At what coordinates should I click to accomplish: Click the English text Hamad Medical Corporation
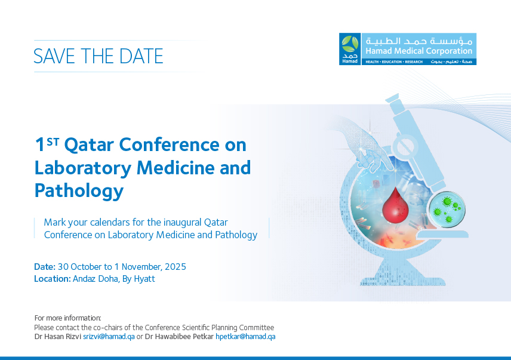click(x=419, y=51)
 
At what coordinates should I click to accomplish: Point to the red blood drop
click(x=395, y=205)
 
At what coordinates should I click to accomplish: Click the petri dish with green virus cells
click(x=447, y=210)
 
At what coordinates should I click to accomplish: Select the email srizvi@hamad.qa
click(x=109, y=337)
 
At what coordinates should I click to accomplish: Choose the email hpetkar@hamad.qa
click(x=245, y=337)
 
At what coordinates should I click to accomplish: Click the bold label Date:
click(x=45, y=267)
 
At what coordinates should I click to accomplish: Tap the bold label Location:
click(x=53, y=279)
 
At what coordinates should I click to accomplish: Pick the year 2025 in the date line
click(x=176, y=267)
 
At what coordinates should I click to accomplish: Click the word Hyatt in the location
click(x=144, y=279)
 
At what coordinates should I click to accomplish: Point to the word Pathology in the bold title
click(x=79, y=191)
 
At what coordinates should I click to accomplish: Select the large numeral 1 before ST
click(x=40, y=144)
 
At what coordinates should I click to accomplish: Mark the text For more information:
click(x=68, y=318)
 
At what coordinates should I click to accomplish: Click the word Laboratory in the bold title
click(x=83, y=168)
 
